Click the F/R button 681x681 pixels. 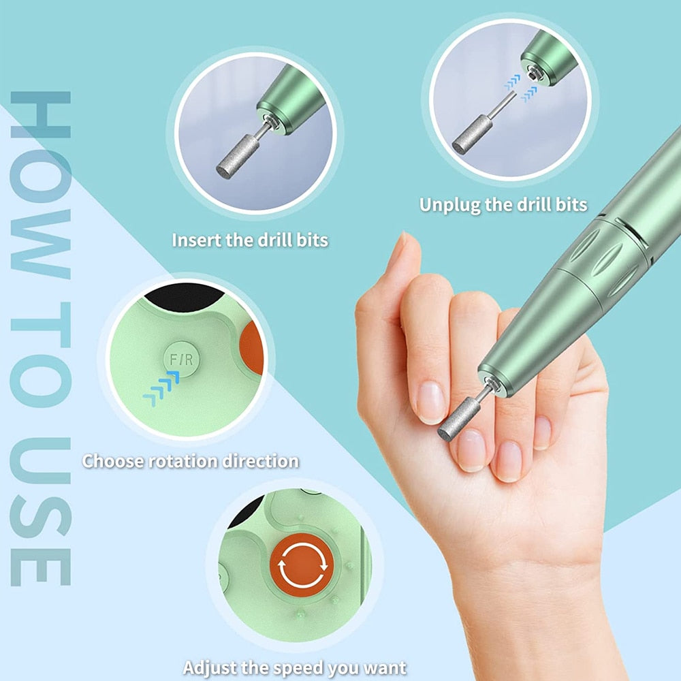click(180, 359)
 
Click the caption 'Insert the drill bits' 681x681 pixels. click(250, 240)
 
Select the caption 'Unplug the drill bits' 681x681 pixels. click(503, 204)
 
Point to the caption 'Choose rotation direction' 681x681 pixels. click(191, 461)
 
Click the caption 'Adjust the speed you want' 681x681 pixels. click(294, 667)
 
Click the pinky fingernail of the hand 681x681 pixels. click(543, 432)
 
